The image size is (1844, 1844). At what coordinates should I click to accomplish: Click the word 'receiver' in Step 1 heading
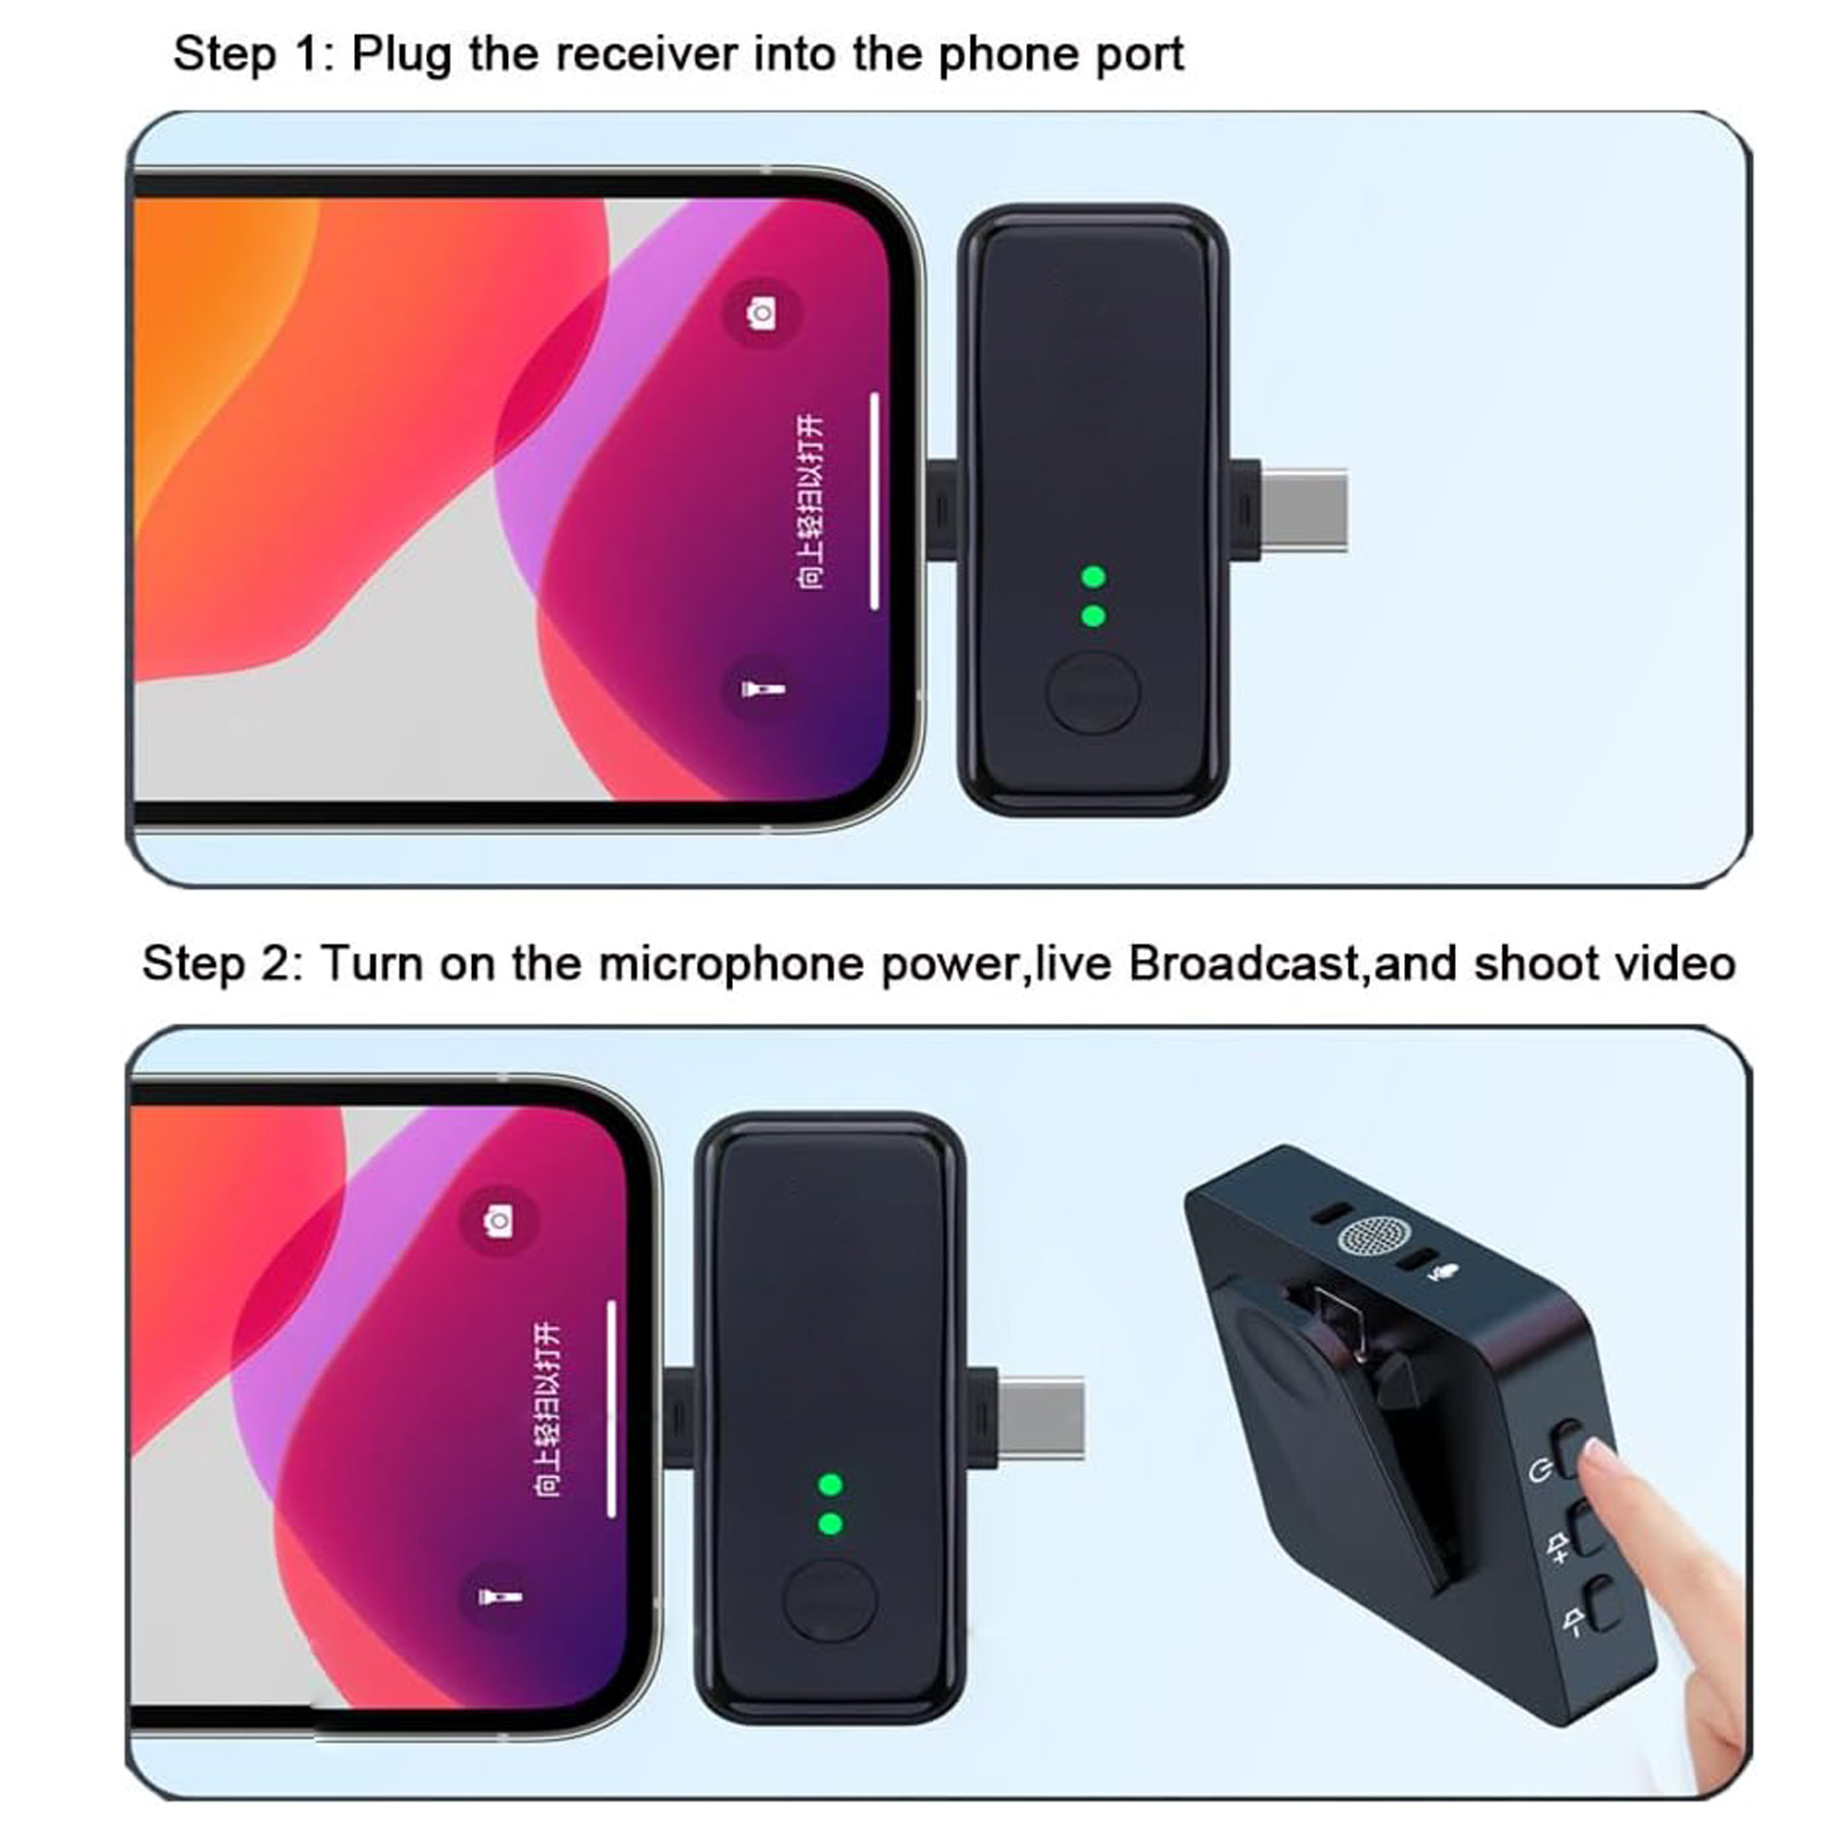(x=646, y=54)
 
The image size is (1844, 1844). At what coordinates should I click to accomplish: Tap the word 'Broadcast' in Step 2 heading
(x=1244, y=963)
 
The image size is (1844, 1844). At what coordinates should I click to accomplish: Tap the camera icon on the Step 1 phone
(x=762, y=313)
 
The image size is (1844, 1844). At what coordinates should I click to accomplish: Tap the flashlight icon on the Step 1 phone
(x=762, y=688)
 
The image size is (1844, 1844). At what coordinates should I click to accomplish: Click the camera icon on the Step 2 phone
(x=498, y=1221)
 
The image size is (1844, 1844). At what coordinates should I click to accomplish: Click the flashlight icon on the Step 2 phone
(x=498, y=1597)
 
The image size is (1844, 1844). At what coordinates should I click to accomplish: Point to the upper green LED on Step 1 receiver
(x=1093, y=576)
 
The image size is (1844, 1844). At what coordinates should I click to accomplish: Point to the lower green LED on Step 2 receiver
(x=831, y=1524)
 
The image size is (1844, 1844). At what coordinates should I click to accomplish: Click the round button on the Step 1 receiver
(x=1093, y=692)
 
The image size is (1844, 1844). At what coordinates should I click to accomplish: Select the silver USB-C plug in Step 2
(x=1041, y=1417)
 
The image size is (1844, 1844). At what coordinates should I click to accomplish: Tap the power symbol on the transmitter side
(x=1539, y=1471)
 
